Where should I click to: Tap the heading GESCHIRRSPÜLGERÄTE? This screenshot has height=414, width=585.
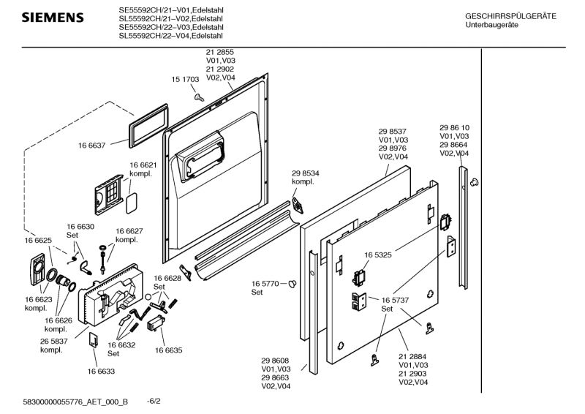tap(510, 16)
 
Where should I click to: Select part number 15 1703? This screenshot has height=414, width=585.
tap(186, 79)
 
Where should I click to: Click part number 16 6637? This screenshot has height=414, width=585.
tap(92, 145)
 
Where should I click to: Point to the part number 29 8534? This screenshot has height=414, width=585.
tap(305, 173)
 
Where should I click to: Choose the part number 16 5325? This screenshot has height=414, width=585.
tap(379, 255)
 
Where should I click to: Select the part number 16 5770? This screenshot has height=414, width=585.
tap(266, 283)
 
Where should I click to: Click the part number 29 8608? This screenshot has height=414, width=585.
tap(275, 361)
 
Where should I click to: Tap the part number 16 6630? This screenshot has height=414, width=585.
tap(80, 227)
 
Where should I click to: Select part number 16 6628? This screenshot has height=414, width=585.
tap(167, 278)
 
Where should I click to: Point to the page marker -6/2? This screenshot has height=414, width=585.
tap(154, 402)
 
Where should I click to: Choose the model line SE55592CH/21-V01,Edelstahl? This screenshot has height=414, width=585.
tap(171, 10)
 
